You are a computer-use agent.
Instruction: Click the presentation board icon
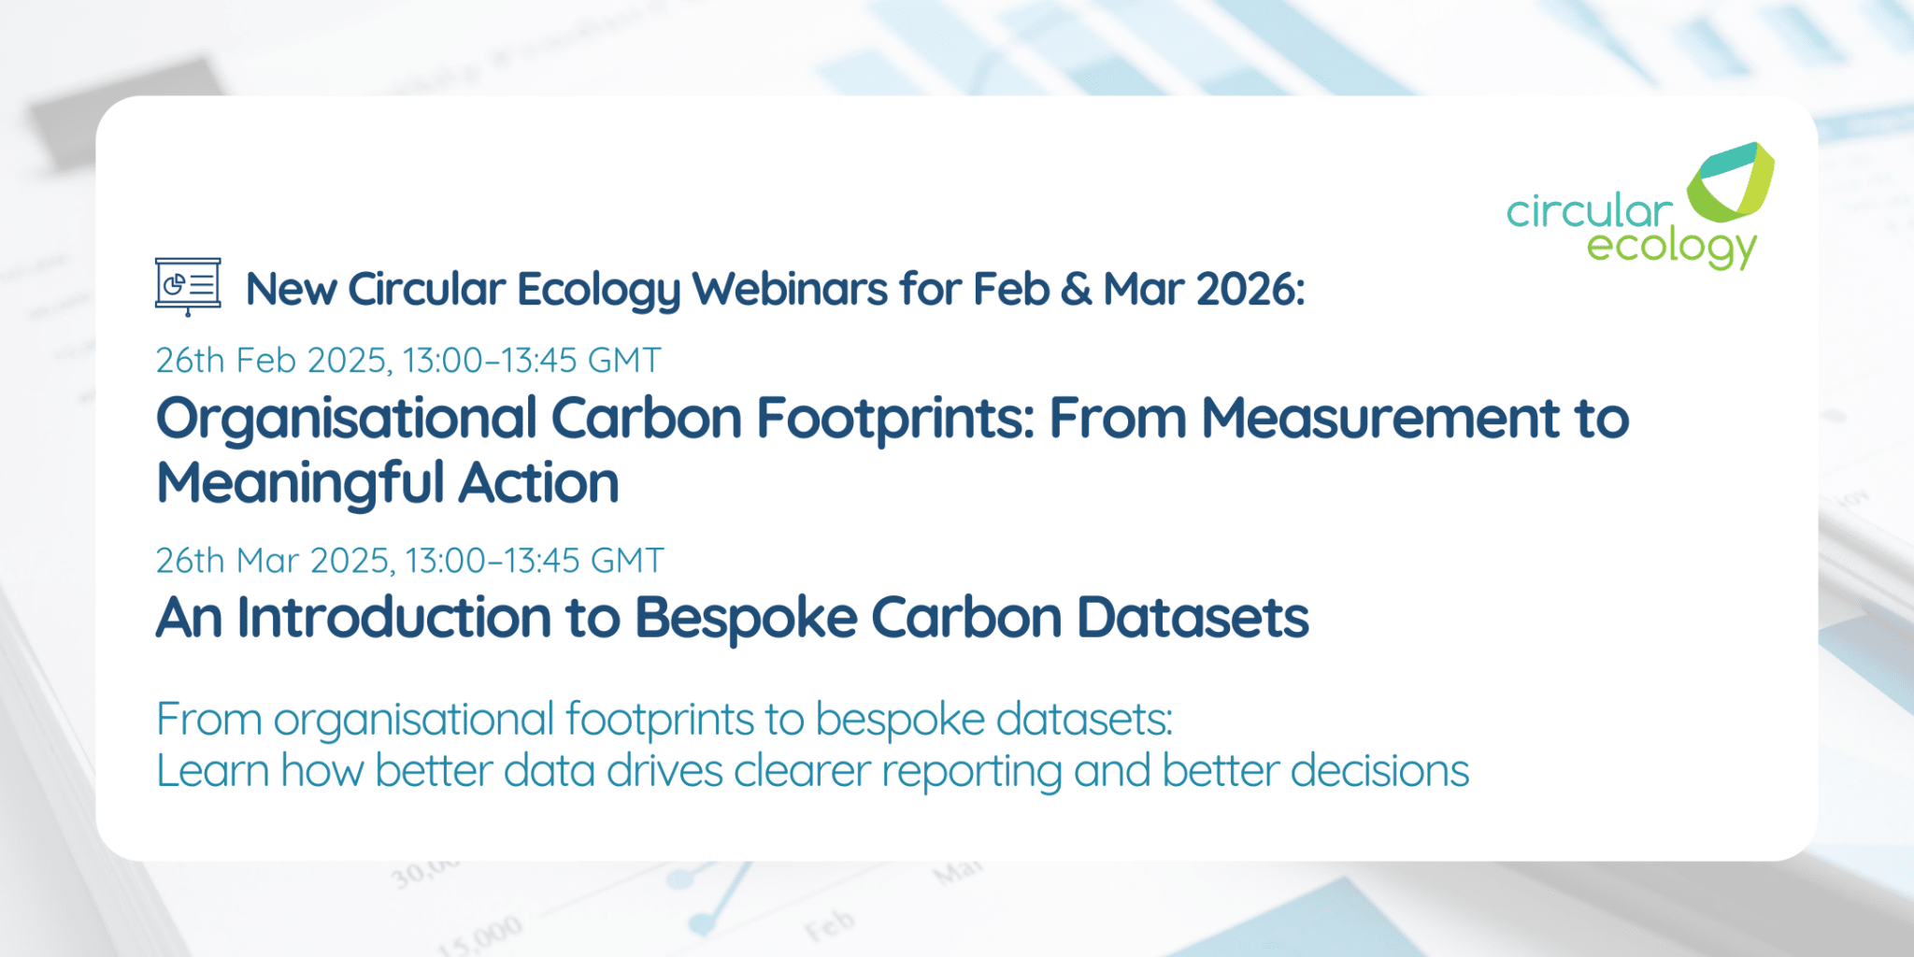pos(188,286)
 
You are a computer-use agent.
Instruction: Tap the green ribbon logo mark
pos(1730,181)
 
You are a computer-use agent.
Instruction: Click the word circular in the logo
pos(1589,212)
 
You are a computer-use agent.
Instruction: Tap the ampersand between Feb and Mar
pos(1076,290)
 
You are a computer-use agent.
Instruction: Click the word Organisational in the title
pos(347,419)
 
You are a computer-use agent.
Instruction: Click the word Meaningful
pos(300,484)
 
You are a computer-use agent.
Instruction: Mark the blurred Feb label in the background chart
pos(829,925)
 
